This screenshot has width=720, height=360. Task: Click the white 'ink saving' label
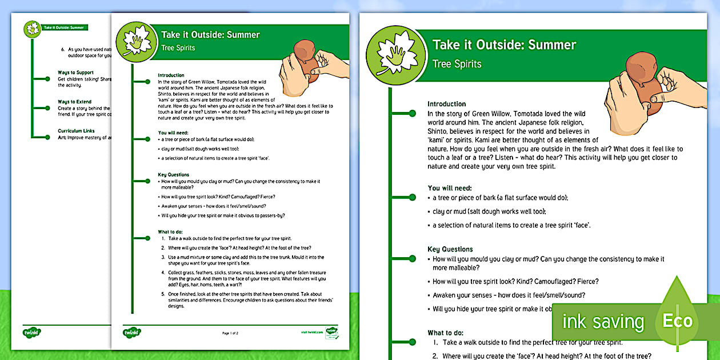click(603, 322)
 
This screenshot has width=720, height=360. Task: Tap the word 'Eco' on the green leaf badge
click(677, 321)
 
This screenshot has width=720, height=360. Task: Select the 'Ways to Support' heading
click(75, 73)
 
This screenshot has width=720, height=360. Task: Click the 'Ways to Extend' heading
click(74, 102)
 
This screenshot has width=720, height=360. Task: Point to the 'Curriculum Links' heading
click(77, 131)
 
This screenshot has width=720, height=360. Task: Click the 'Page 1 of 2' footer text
click(230, 332)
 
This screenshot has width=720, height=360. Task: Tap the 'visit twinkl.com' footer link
click(311, 331)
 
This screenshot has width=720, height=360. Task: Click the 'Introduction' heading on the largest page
click(446, 104)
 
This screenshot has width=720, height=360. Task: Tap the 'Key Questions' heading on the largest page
click(450, 249)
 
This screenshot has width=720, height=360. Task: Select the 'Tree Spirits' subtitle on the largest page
click(457, 64)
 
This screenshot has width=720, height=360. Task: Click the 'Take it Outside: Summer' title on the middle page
click(210, 35)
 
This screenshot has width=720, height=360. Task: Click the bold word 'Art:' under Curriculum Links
click(63, 137)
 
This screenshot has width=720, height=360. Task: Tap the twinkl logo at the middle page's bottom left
click(131, 332)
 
